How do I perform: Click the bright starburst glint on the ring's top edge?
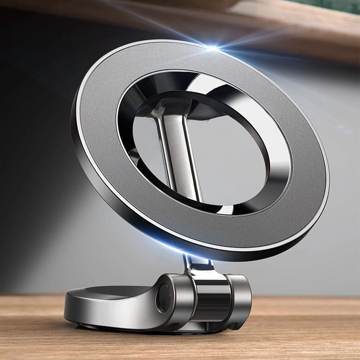click(x=212, y=47)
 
